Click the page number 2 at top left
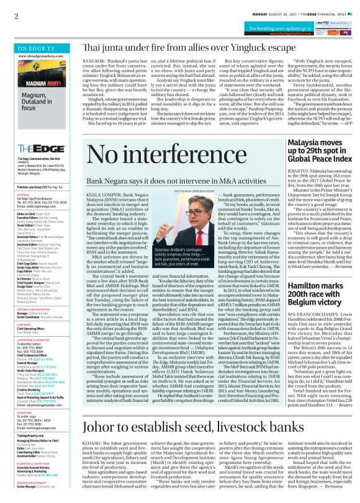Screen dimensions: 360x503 tap(16, 16)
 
